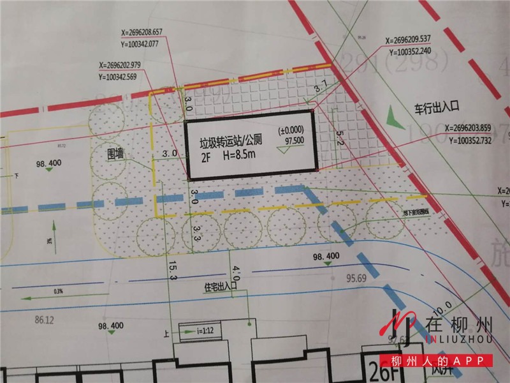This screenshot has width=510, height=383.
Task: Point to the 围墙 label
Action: pos(116,154)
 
